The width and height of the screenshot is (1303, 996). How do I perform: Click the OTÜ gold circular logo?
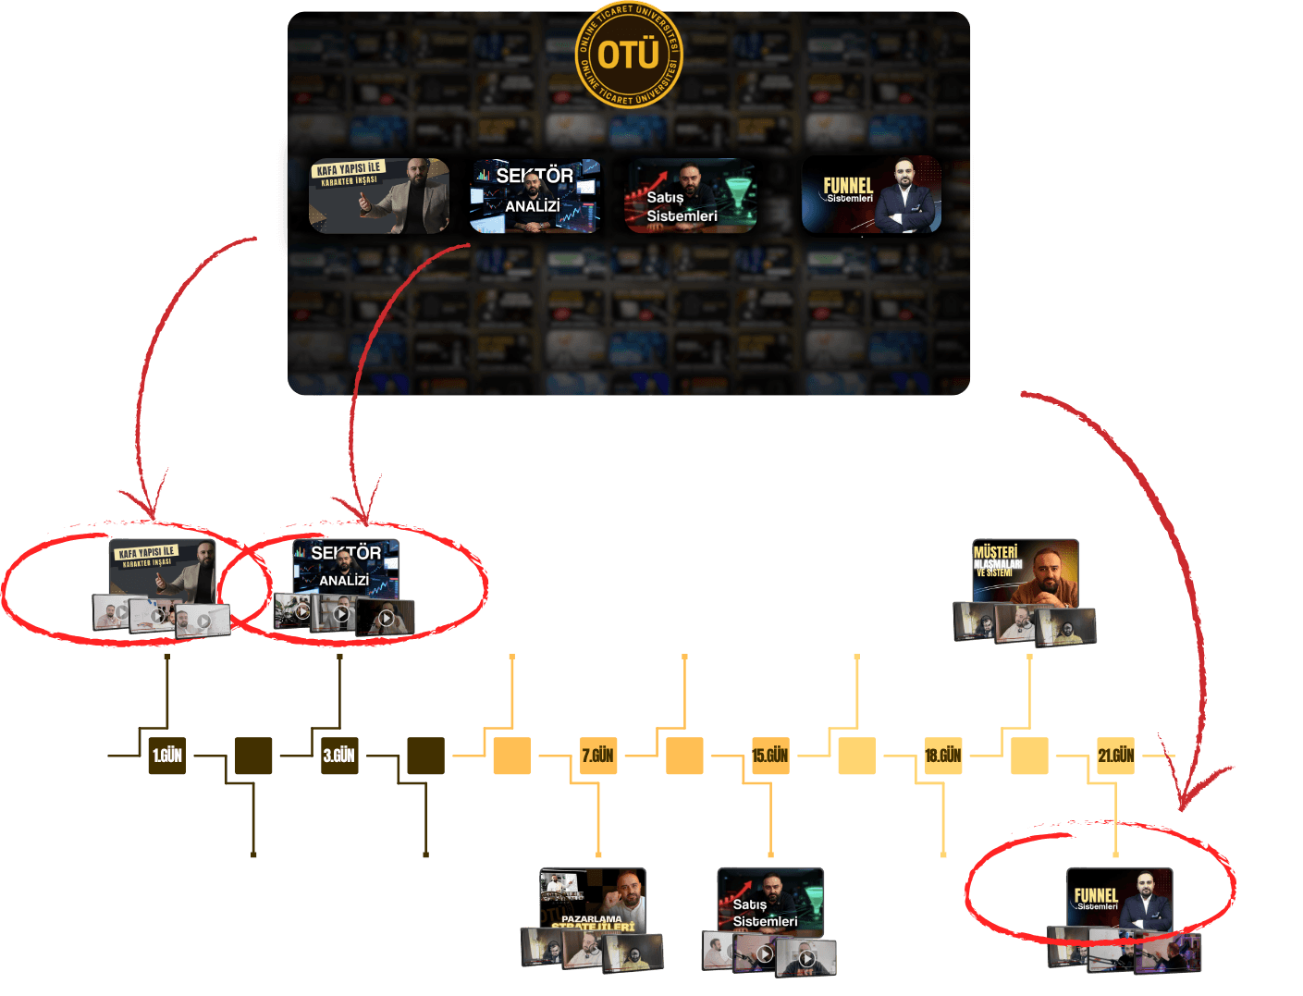point(629,55)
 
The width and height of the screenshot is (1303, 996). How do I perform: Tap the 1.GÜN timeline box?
point(167,756)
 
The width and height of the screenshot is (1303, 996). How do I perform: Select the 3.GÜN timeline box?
point(339,756)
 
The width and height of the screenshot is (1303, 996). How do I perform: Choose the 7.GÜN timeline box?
point(598,756)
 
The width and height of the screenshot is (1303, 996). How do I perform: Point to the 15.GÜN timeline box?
point(770,756)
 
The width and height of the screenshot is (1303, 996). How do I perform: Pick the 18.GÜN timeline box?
point(943,756)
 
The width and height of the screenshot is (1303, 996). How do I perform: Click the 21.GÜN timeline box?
point(1116,756)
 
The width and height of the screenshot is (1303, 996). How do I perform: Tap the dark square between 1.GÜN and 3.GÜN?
point(253,756)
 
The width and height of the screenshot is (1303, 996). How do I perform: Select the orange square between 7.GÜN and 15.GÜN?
point(684,756)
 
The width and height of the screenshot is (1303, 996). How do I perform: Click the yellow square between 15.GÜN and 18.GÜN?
point(856,756)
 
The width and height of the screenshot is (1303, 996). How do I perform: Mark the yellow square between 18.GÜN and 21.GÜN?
point(1029,756)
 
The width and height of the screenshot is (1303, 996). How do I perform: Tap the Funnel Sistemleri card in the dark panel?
point(871,195)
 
